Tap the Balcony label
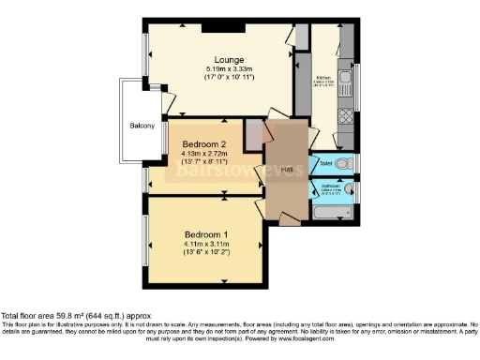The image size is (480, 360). (x=142, y=126)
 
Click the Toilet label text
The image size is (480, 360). (x=323, y=165)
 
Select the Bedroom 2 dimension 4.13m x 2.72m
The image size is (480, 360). (x=202, y=156)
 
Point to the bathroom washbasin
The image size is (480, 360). (x=349, y=190)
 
